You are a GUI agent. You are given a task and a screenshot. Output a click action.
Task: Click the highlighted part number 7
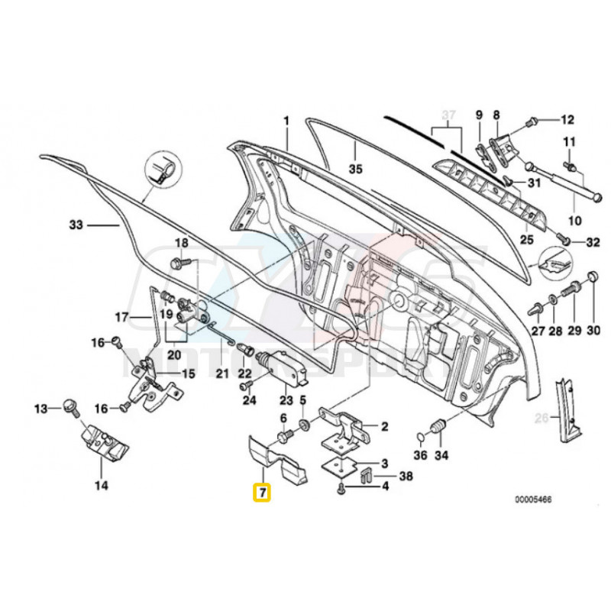[262, 492]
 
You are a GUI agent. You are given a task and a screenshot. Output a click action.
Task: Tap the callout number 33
[75, 225]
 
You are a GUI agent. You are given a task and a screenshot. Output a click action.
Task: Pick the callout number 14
[102, 484]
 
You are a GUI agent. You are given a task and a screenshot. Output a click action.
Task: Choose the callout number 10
[575, 221]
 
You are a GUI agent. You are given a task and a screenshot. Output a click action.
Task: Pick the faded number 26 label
[541, 417]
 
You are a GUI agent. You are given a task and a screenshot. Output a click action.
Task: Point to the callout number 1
[287, 121]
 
